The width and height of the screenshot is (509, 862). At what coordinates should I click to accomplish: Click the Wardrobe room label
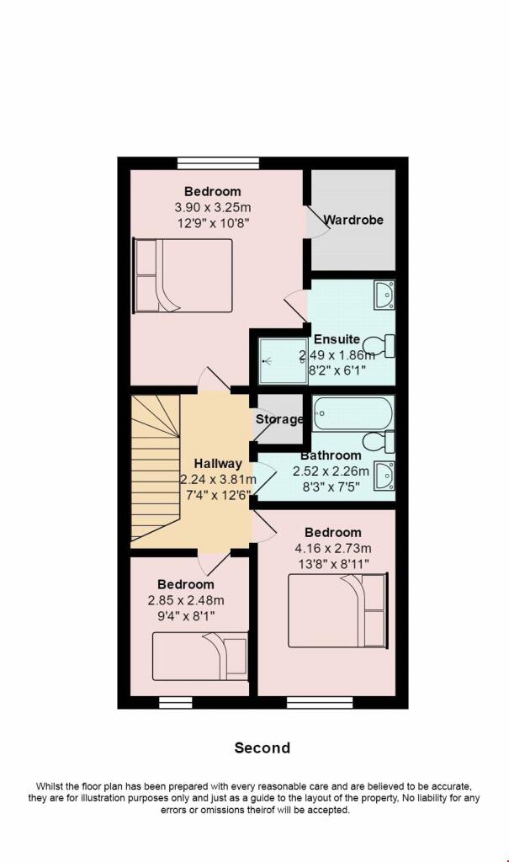coord(353,220)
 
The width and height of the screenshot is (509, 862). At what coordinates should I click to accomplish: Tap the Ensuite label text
coord(337,339)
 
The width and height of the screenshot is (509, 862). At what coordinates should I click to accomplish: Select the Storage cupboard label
coord(278,419)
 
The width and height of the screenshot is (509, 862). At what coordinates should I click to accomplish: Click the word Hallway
coord(218,463)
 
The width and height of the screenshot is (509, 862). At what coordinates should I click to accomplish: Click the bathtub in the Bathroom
coord(353,412)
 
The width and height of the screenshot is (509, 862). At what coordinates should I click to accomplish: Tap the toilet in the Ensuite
coord(386,344)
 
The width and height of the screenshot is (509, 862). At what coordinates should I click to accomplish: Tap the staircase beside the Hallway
coord(155,471)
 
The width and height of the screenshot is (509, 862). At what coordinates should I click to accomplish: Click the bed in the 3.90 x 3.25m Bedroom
coord(182,275)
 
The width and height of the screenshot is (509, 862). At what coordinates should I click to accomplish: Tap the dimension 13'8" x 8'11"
coord(333,563)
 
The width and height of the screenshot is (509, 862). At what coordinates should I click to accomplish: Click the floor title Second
coord(262,748)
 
